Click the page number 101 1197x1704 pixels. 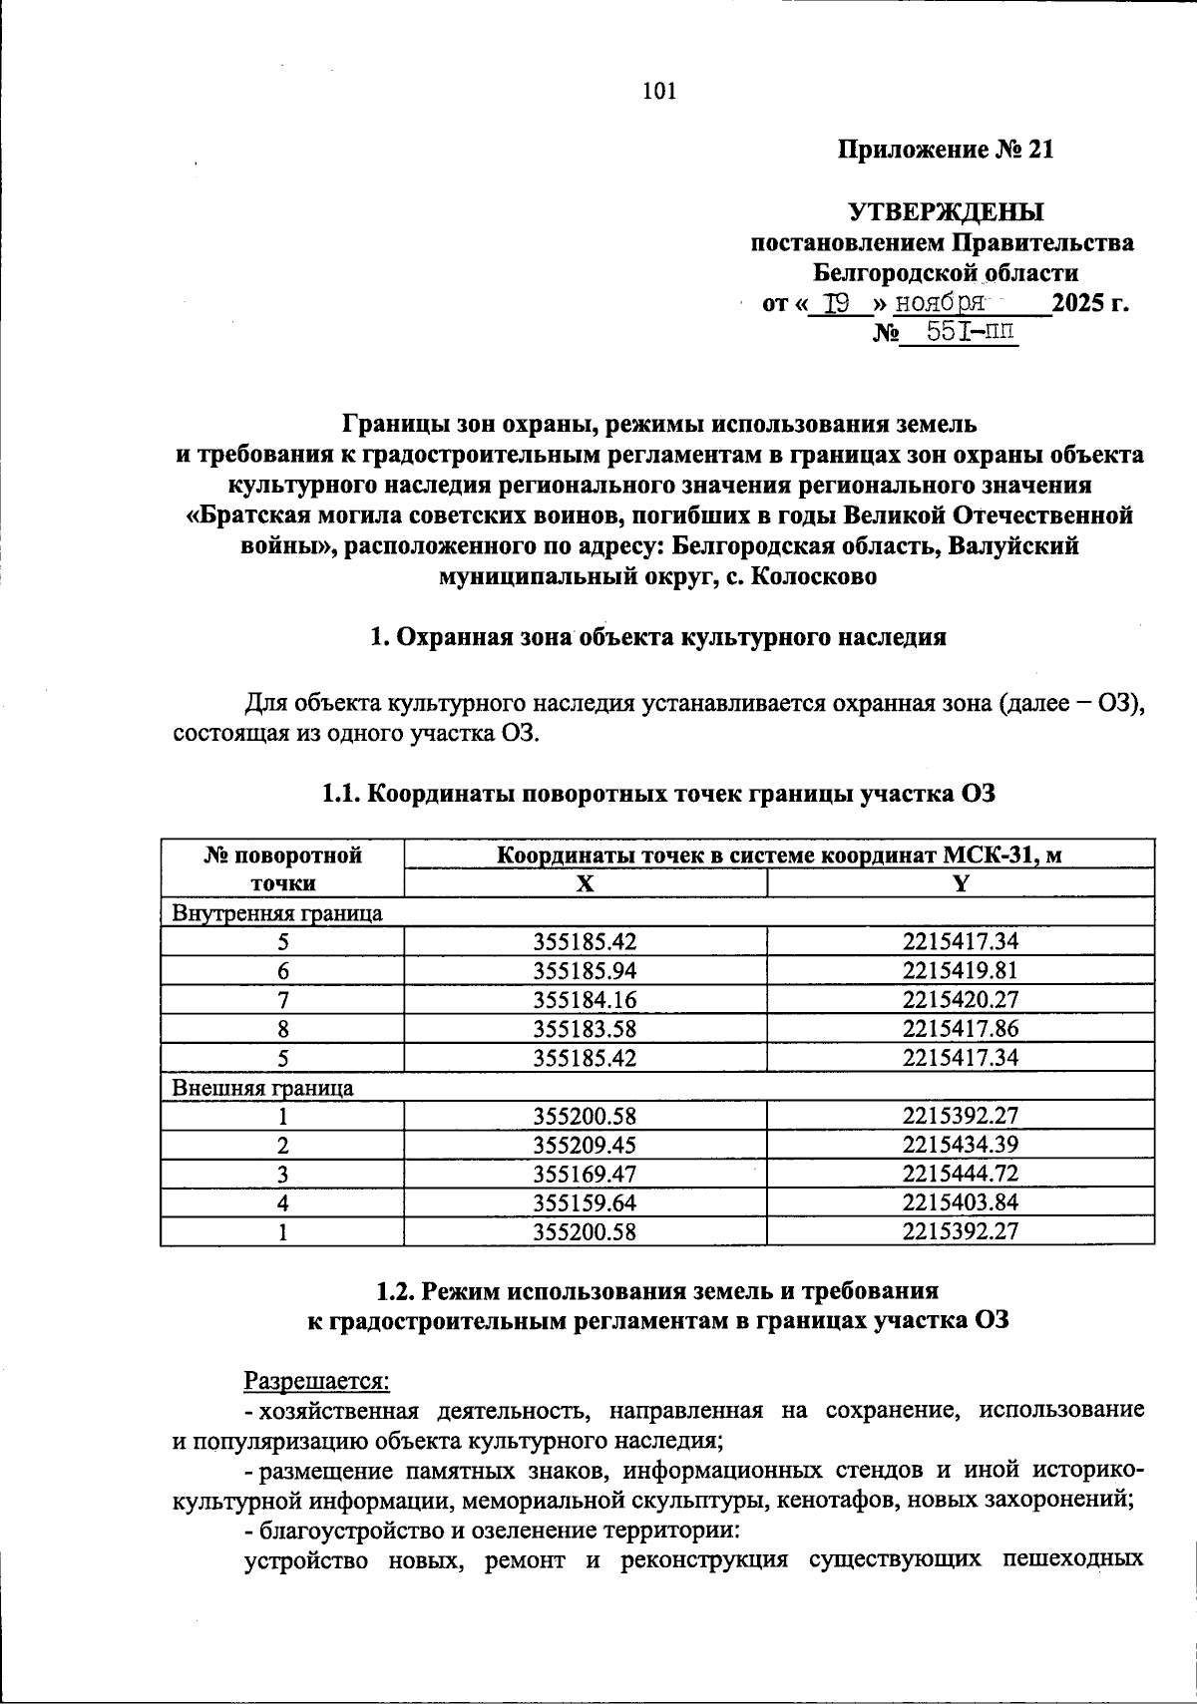(659, 92)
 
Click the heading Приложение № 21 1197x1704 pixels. (945, 151)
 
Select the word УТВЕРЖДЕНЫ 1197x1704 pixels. (945, 212)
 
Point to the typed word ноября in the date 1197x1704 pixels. (940, 303)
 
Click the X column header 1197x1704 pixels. (586, 883)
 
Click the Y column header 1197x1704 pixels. (961, 883)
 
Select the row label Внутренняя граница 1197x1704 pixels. (277, 912)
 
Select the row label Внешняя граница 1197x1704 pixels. (263, 1087)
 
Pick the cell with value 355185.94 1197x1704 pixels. (585, 970)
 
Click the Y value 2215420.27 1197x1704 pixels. (961, 999)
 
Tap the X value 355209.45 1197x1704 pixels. (585, 1145)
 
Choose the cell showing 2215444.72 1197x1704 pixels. (961, 1174)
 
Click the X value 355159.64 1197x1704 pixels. (585, 1202)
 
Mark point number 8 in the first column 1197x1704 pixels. (283, 1029)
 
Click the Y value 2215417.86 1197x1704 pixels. (961, 1028)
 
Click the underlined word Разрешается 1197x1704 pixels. (317, 1381)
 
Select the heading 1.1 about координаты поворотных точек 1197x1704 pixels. (658, 794)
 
